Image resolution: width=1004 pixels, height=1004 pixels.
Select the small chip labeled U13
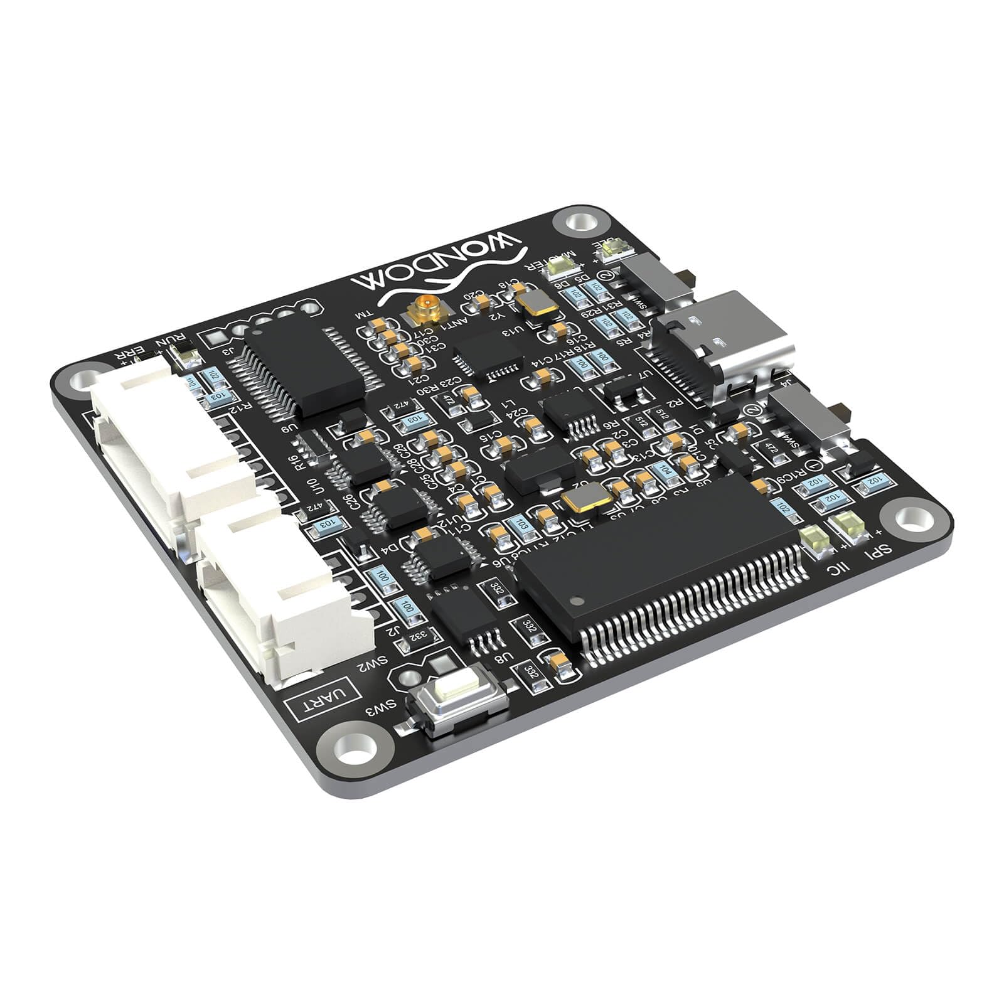488,355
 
